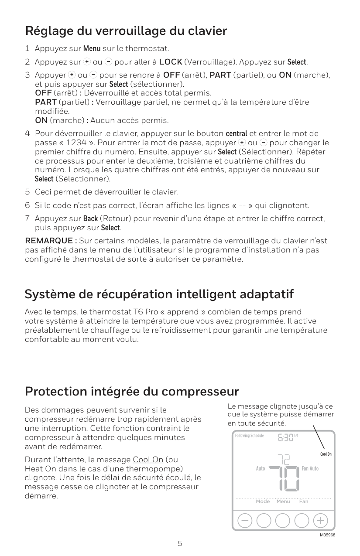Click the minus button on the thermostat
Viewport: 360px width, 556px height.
click(x=245, y=521)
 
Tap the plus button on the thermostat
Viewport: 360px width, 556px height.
click(x=321, y=521)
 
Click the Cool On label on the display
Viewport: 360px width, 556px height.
click(x=326, y=454)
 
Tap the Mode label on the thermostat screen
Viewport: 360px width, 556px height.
click(x=263, y=501)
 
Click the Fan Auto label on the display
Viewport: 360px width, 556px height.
click(x=310, y=468)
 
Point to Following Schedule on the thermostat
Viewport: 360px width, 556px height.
click(x=249, y=436)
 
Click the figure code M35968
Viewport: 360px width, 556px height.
click(x=327, y=535)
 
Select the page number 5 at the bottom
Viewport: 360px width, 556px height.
click(x=180, y=544)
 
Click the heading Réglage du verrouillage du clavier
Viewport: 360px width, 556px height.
click(x=126, y=31)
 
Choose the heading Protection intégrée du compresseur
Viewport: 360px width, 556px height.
click(x=132, y=391)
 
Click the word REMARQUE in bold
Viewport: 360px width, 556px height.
click(x=50, y=241)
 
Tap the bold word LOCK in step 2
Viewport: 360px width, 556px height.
click(x=171, y=61)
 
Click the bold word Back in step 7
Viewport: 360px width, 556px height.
click(x=90, y=218)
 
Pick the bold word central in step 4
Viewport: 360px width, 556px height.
click(x=236, y=133)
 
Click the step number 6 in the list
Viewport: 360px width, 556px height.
click(x=27, y=205)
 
